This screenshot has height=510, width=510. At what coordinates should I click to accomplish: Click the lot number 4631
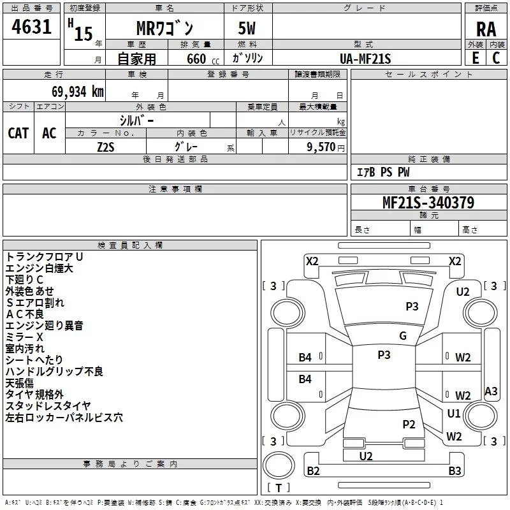point(31,27)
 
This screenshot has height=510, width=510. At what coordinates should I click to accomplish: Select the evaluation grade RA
point(486,29)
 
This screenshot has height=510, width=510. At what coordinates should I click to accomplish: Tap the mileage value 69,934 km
point(77,92)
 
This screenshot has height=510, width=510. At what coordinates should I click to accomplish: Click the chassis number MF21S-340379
point(428,203)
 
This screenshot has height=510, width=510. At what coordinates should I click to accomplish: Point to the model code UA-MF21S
point(365,59)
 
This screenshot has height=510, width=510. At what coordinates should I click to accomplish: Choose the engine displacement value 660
point(196,59)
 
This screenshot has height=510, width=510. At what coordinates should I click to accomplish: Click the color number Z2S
point(106,147)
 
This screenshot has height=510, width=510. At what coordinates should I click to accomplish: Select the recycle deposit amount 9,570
point(321,147)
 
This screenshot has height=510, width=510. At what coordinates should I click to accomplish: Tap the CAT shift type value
point(18,133)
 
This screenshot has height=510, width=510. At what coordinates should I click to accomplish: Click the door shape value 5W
point(247,28)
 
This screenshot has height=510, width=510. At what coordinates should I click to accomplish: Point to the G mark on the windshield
point(403,336)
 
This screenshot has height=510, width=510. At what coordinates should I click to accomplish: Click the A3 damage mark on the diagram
point(491,391)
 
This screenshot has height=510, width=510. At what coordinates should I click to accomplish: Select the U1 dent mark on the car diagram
point(454,413)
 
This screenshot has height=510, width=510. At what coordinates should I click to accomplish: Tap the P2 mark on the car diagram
point(409,424)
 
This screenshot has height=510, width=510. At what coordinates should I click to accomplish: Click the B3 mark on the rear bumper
point(455,470)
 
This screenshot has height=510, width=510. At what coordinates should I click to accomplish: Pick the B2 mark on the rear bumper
point(313,470)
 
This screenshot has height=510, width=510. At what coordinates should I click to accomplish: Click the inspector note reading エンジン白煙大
point(39,268)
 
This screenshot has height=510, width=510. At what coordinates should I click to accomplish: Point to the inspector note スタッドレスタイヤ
point(48,406)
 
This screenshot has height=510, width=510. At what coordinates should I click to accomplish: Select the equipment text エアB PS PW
point(383,172)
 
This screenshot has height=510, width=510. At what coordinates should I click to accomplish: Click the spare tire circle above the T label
point(279,465)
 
